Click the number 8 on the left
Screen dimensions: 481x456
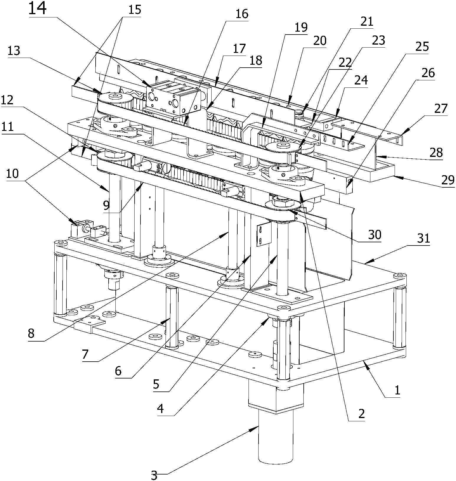click(31, 334)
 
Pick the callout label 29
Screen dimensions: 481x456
click(448, 180)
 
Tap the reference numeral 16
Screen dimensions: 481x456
click(242, 14)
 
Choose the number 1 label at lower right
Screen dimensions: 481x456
click(398, 390)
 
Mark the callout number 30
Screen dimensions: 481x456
click(375, 234)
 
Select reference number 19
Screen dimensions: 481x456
click(301, 27)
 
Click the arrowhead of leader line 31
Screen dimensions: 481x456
click(365, 262)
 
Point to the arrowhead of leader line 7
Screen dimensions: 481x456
click(170, 319)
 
